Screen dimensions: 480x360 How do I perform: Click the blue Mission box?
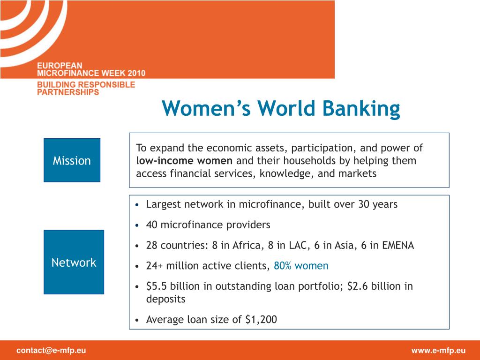72,160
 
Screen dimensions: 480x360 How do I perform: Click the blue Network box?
74,262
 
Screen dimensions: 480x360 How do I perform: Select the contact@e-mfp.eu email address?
51,351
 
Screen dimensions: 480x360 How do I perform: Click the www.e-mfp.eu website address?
438,351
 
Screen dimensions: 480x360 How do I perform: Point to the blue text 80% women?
301,266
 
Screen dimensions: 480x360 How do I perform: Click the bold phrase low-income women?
184,160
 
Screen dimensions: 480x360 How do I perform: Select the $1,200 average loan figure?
261,320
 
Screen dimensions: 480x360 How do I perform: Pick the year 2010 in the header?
136,73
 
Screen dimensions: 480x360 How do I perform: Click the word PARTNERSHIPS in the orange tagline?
68,92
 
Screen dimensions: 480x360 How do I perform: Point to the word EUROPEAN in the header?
60,66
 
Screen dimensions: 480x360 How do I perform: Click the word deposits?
165,299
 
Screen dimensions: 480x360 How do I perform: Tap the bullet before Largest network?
137,205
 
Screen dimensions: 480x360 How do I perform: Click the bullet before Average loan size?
137,320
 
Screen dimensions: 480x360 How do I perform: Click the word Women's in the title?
206,109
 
